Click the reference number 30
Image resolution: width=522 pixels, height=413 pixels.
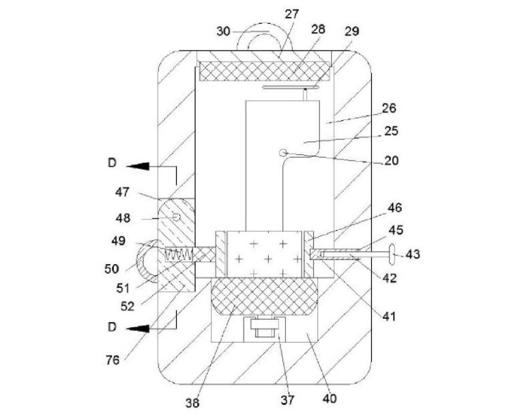[223, 31]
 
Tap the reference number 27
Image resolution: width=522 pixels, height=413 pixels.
[292, 14]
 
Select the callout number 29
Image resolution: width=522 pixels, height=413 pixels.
[352, 31]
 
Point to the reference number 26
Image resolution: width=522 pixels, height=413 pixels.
[389, 109]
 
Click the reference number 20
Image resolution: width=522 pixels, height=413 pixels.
[392, 160]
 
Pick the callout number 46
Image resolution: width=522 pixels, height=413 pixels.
[395, 208]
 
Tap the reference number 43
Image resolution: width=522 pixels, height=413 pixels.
[413, 255]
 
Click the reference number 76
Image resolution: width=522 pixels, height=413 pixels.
[113, 360]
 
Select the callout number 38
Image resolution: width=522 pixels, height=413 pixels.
[192, 403]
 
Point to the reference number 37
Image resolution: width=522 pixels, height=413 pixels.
[288, 399]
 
